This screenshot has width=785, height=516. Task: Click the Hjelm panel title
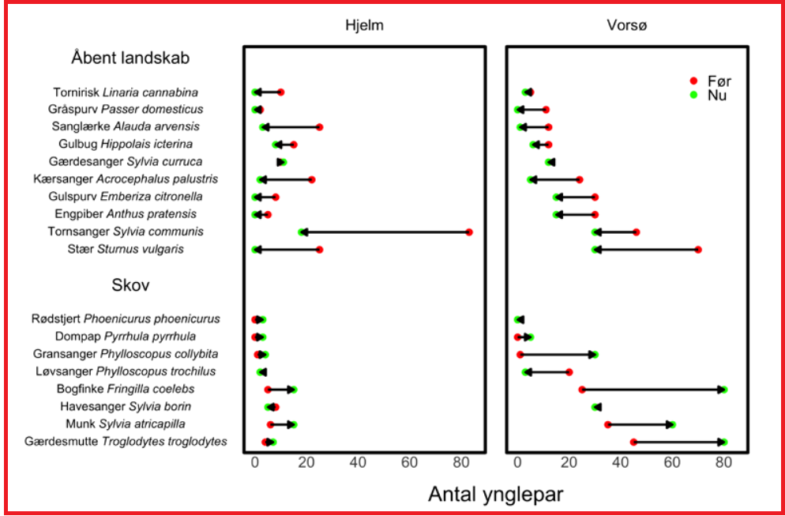pos(364,25)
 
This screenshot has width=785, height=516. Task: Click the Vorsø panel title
pos(628,25)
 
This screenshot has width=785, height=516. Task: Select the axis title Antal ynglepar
pos(495,494)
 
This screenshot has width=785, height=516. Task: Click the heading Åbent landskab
pos(130,58)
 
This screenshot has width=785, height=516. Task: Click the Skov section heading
pos(131,284)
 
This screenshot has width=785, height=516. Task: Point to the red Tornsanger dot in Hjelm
pos(469,232)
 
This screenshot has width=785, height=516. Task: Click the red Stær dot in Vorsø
pos(698,250)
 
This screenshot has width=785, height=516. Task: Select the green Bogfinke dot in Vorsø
pos(723,390)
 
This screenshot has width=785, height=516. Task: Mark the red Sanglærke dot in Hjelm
pos(320,127)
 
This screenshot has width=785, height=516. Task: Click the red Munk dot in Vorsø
pos(607,424)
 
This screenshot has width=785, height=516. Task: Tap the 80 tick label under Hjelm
pos(460,461)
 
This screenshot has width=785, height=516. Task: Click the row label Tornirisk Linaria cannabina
pos(126,92)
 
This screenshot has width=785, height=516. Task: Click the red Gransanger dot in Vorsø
pos(520,355)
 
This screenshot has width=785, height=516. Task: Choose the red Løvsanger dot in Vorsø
pos(569,372)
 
